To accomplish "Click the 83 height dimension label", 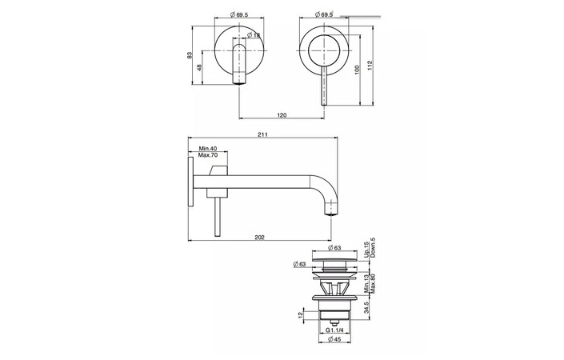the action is [190, 55].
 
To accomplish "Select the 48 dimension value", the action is [199, 68].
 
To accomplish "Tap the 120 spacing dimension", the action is [282, 115].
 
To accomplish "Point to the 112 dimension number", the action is [370, 65].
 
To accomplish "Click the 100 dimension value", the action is [357, 70].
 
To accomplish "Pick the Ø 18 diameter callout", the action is [254, 35].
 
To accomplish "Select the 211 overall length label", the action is [262, 134].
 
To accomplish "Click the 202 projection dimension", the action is [259, 237].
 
